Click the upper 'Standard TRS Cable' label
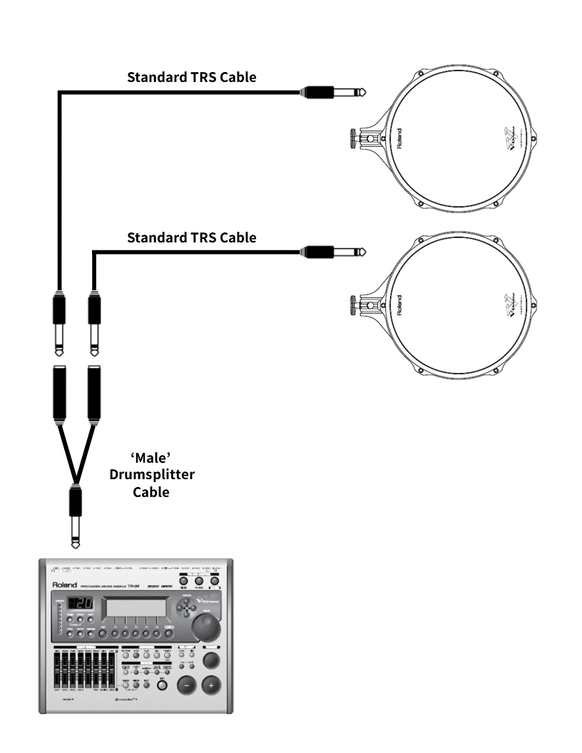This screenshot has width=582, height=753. pos(191,77)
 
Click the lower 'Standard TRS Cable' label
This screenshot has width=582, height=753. pos(191,237)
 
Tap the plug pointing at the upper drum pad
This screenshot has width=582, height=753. pos(332,92)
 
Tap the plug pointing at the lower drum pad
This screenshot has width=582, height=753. pos(332,251)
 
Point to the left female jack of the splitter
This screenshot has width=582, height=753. pos(60,392)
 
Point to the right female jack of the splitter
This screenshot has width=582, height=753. pos(93,392)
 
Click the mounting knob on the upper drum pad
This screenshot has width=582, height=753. pos(354,136)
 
